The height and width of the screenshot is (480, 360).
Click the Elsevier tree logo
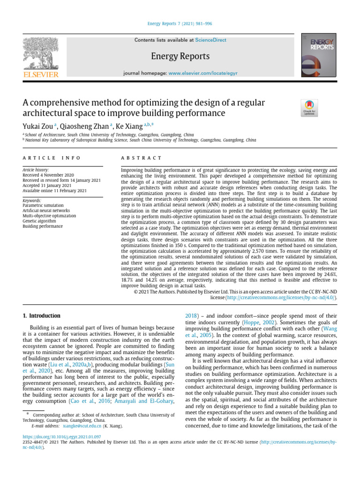pyautogui.click(x=42, y=53)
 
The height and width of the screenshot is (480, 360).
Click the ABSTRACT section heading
pyautogui.click(x=141, y=158)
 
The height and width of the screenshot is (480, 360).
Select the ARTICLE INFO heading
pyautogui.click(x=52, y=158)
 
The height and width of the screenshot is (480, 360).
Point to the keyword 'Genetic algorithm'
pyautogui.click(x=41, y=221)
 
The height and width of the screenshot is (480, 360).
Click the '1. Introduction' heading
pyautogui.click(x=42, y=316)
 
